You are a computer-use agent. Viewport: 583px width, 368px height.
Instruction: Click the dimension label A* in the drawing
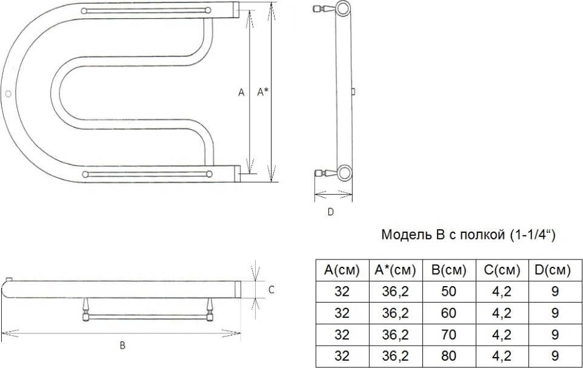pyautogui.click(x=263, y=92)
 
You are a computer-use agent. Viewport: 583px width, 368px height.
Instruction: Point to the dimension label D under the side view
pyautogui.click(x=330, y=212)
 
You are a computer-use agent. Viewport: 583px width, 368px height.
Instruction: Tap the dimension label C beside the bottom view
pyautogui.click(x=272, y=289)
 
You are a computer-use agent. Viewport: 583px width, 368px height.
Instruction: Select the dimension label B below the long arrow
pyautogui.click(x=122, y=346)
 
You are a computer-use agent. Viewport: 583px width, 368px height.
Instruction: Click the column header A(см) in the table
pyautogui.click(x=342, y=270)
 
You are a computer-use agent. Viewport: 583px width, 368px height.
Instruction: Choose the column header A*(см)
pyautogui.click(x=395, y=270)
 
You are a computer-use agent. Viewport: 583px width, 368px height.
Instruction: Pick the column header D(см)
pyautogui.click(x=553, y=270)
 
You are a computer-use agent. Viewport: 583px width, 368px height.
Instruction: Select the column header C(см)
pyautogui.click(x=502, y=270)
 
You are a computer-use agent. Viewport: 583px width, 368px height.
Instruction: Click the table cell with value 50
pyautogui.click(x=449, y=291)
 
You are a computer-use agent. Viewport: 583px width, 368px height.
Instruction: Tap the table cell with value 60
pyautogui.click(x=449, y=313)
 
